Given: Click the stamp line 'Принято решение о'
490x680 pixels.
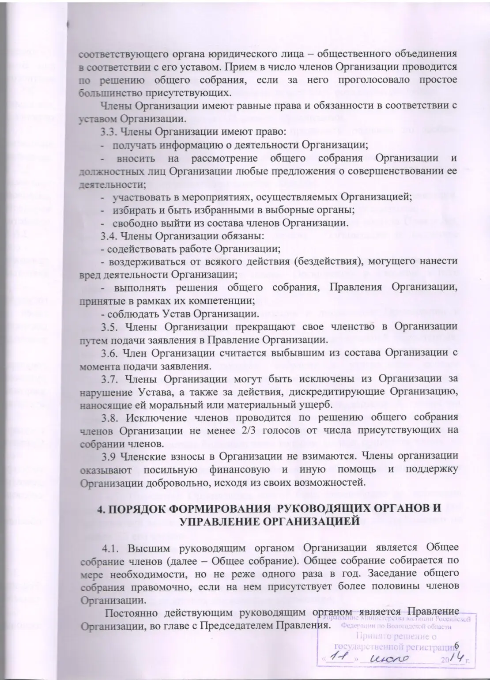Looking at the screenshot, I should (396, 636).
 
